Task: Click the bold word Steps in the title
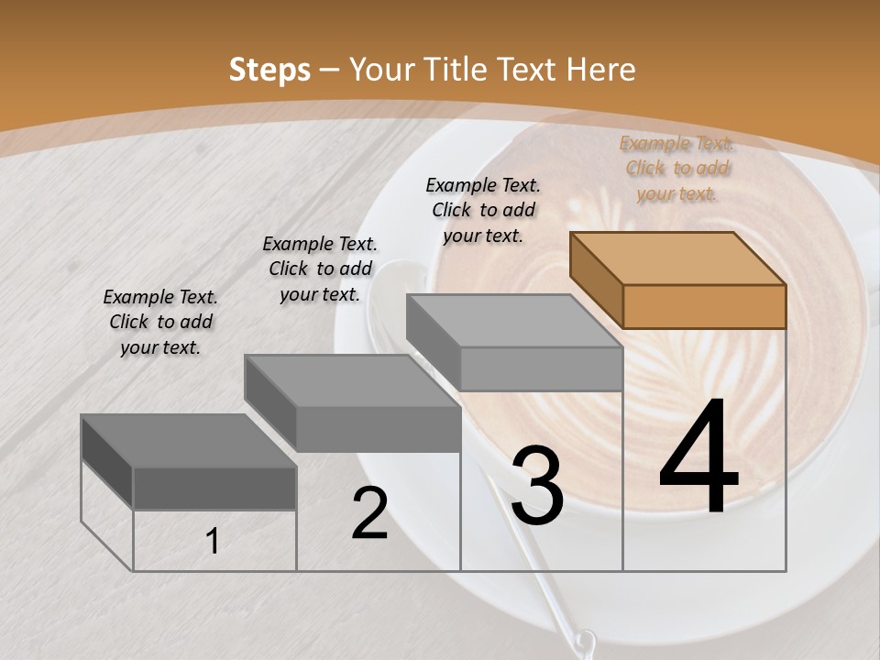coord(269,70)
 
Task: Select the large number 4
coord(698,458)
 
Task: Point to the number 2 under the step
coord(370,513)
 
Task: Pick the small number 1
coord(213,541)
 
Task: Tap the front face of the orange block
coord(704,306)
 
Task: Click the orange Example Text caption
coord(677,169)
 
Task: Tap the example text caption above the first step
coord(160,322)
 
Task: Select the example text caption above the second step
coord(320,269)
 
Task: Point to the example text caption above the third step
coord(483,210)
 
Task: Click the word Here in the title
coord(600,70)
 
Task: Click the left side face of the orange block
coord(596,280)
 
